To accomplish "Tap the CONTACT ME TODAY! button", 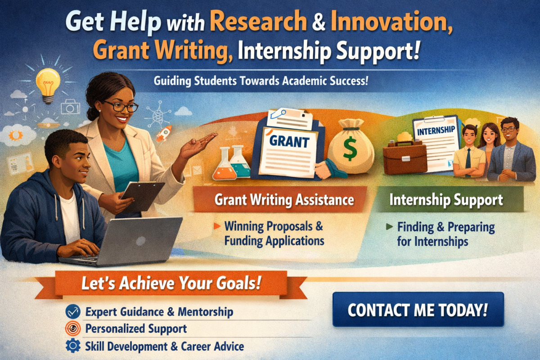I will coord(418,309).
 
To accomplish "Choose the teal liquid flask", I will coord(240,163).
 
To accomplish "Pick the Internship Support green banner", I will coord(446,199).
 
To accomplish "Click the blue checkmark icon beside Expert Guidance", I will coord(72,311).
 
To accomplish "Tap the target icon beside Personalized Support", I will coord(72,328).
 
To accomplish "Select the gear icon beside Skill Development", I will coord(72,346).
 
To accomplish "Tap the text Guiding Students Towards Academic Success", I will coord(261,83).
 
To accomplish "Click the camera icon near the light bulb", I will coord(70,107).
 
